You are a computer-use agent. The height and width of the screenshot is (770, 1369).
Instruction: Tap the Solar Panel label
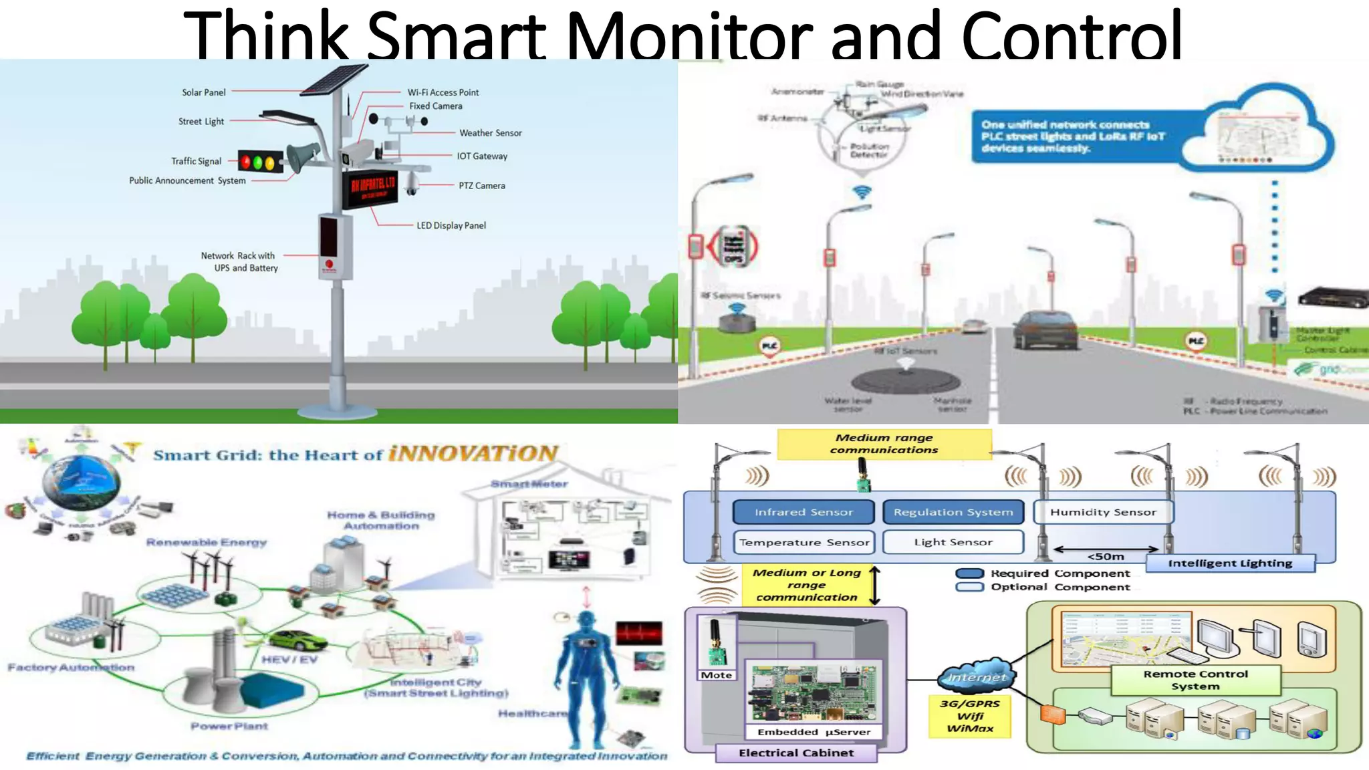(204, 92)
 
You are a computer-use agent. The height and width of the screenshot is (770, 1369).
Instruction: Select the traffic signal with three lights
(260, 162)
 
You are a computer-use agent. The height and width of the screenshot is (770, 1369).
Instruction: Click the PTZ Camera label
(481, 186)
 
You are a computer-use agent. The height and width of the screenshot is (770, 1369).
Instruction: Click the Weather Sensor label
(490, 133)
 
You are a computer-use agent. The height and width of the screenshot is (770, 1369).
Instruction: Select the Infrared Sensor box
(803, 512)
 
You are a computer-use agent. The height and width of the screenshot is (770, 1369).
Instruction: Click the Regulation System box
(953, 512)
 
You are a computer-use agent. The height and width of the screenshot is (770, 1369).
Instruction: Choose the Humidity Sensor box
(1103, 512)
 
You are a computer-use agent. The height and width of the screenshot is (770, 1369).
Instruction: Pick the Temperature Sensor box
(803, 542)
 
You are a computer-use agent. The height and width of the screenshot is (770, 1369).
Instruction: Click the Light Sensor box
(953, 542)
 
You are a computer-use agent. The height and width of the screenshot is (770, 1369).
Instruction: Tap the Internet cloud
(977, 678)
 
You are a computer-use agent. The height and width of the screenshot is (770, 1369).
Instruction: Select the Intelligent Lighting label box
(1230, 563)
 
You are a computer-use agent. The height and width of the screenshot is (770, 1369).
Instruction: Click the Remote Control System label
(1195, 680)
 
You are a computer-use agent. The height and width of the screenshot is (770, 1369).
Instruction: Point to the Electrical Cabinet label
(796, 753)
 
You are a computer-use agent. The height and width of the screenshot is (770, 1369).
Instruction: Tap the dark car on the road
(1045, 330)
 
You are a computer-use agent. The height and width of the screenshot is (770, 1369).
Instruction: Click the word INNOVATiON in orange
(473, 454)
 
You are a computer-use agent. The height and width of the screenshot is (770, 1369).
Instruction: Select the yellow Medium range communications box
(884, 444)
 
